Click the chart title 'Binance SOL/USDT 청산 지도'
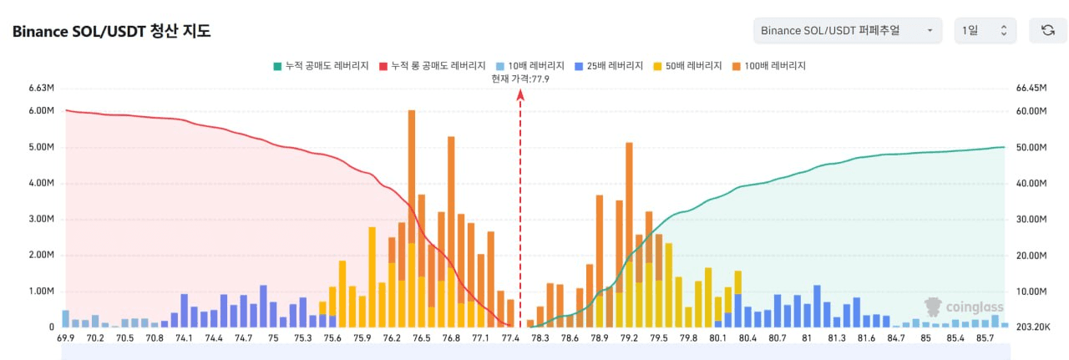pos(111,32)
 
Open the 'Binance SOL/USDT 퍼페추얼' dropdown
pos(848,31)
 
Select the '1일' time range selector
pos(985,31)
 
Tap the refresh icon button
pos(1048,31)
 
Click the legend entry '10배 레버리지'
pos(530,66)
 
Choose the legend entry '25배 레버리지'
pos(609,66)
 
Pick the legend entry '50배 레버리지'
pos(687,66)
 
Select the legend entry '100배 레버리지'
pos(769,66)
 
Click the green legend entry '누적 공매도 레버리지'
pos(321,66)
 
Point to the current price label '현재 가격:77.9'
pos(520,79)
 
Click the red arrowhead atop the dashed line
pos(520,95)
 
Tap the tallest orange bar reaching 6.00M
pos(412,218)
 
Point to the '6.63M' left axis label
pos(41,88)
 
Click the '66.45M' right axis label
pos(1031,88)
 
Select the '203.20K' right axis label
pos(1033,327)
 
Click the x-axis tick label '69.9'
pos(65,338)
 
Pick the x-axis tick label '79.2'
pos(629,338)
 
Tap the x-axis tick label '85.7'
pos(985,338)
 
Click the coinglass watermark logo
pos(964,307)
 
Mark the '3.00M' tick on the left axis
pos(41,219)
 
